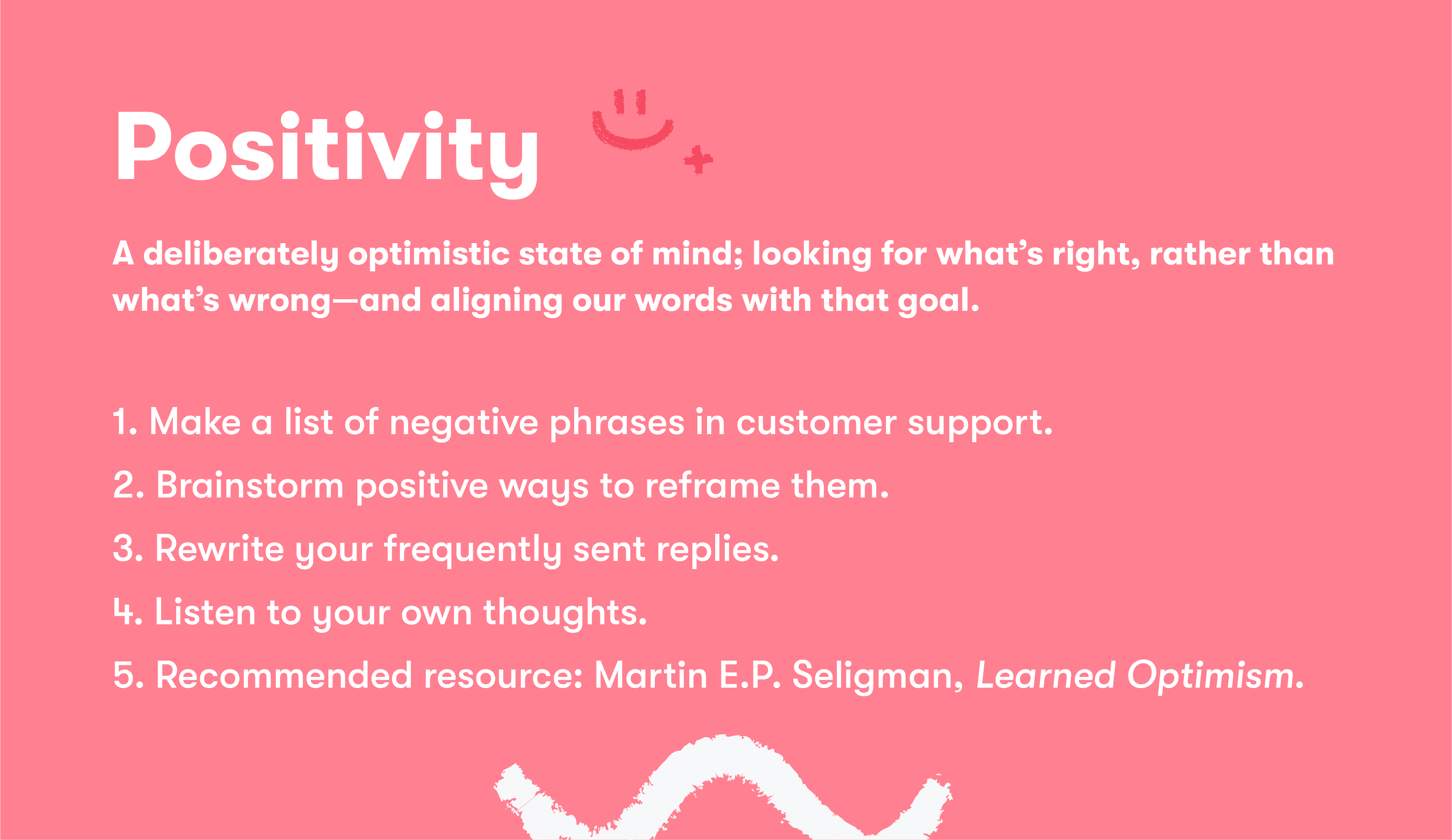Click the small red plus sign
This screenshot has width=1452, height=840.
[698, 160]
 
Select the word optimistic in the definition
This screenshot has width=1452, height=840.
[429, 254]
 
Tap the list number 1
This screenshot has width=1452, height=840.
[123, 422]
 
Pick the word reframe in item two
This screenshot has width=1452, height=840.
[712, 486]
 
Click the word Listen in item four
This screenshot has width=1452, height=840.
[204, 612]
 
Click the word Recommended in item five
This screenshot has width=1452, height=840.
[284, 676]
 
